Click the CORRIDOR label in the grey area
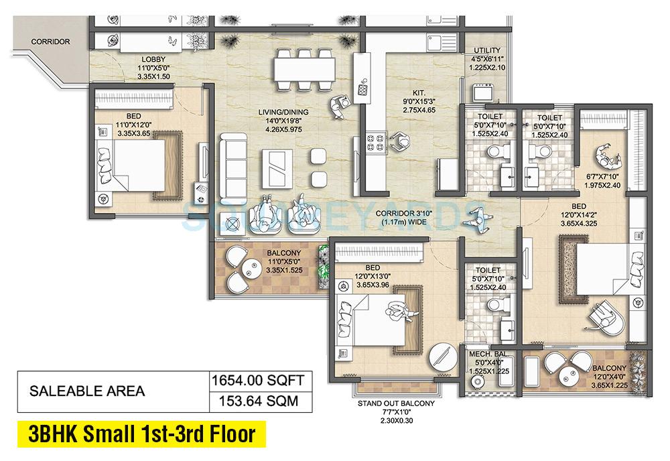(x=50, y=42)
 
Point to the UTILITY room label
(x=487, y=50)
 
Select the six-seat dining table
(x=305, y=68)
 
